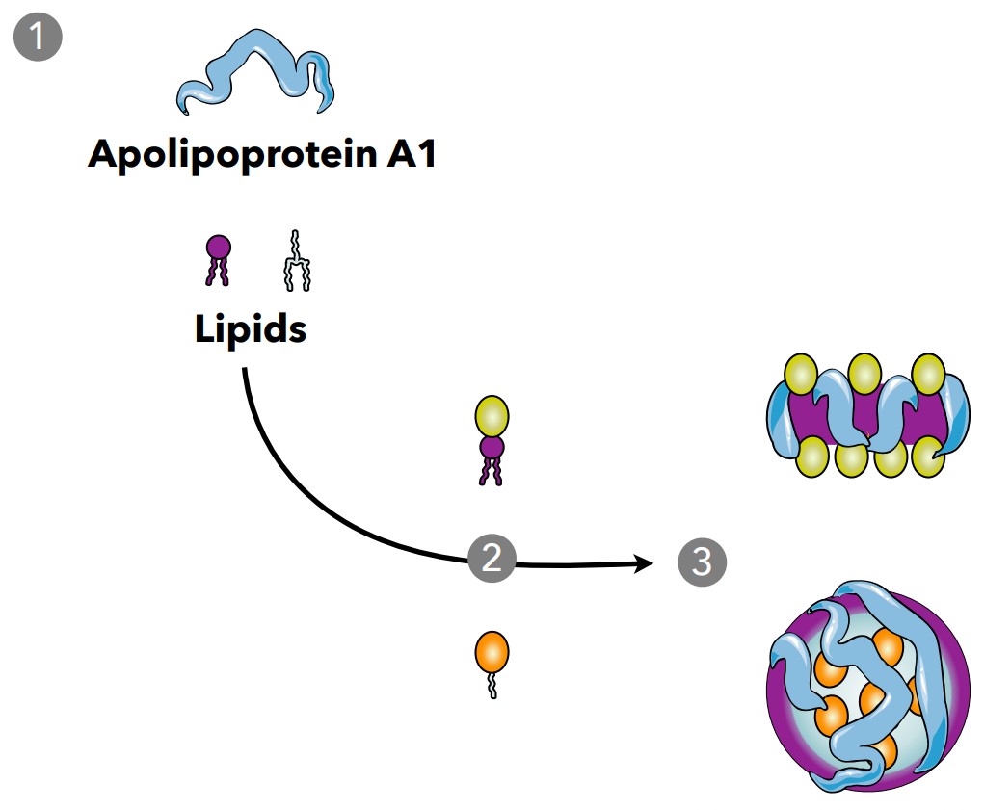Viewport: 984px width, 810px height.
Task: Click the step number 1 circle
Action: pyautogui.click(x=38, y=38)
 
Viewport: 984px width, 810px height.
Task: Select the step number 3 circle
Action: pyautogui.click(x=701, y=562)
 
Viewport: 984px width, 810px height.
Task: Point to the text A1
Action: pyautogui.click(x=407, y=153)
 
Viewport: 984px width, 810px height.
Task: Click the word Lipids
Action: pyautogui.click(x=251, y=329)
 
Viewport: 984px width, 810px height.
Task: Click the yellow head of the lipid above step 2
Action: pyautogui.click(x=492, y=415)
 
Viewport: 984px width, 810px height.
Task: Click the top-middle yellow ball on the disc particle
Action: pyautogui.click(x=864, y=372)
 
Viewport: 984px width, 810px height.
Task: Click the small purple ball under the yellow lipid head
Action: pyautogui.click(x=492, y=447)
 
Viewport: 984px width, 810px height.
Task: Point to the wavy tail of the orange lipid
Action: pyautogui.click(x=492, y=687)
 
